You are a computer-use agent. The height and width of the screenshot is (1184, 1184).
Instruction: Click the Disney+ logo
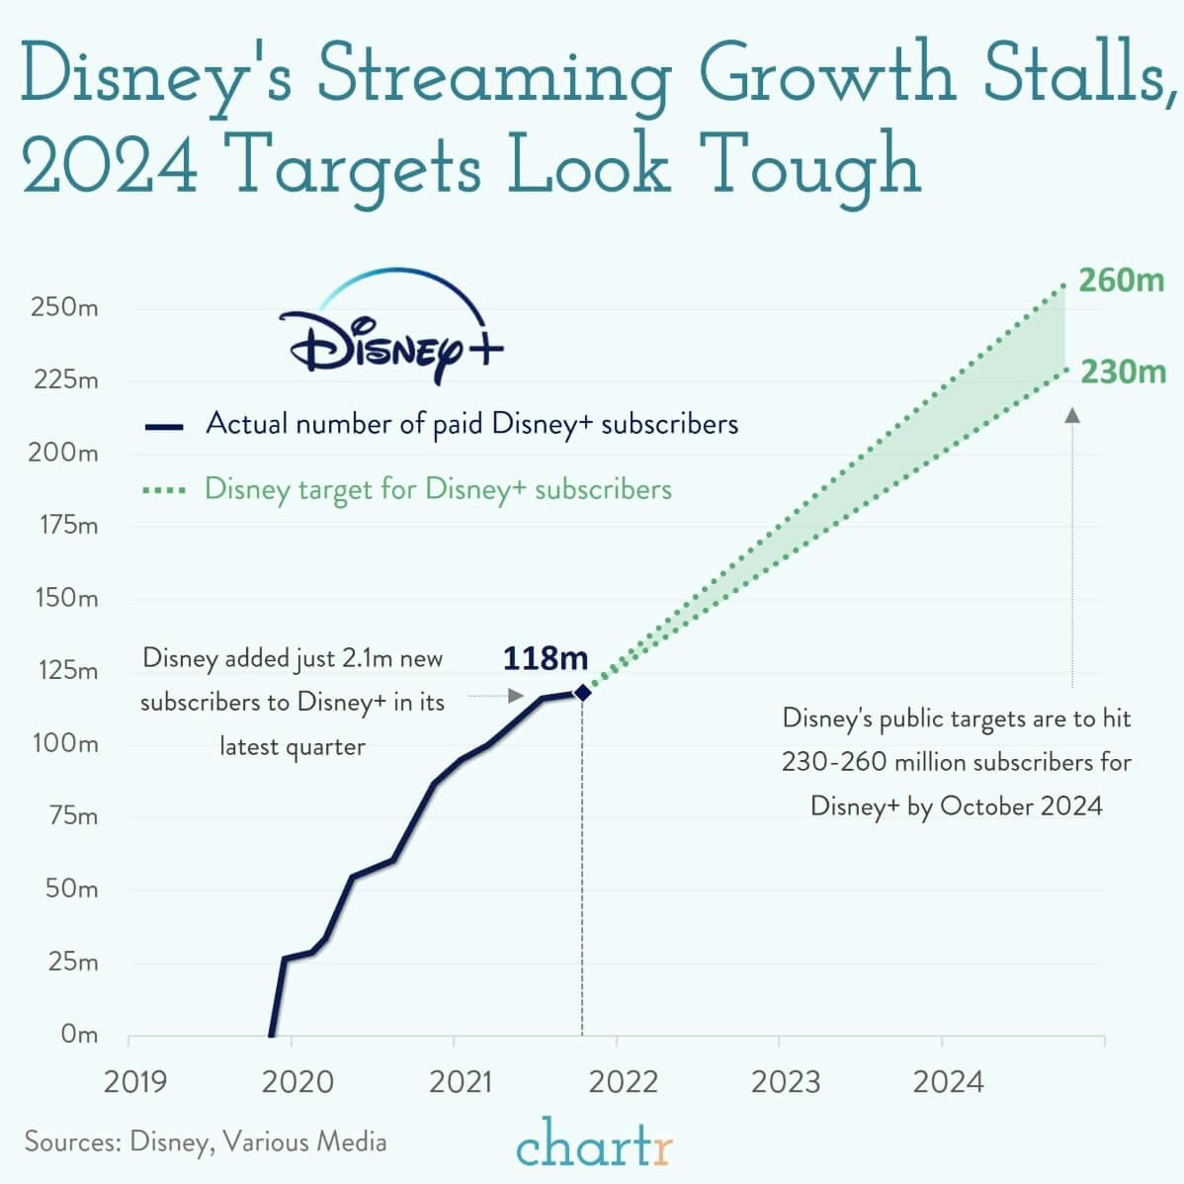[x=390, y=331]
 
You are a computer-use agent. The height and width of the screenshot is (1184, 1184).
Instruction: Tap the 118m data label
[x=545, y=658]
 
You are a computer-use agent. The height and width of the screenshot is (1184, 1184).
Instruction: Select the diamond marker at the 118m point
[x=582, y=693]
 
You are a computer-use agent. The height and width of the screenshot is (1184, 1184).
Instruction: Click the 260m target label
[x=1121, y=281]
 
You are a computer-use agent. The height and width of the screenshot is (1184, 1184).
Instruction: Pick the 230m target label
[x=1122, y=373]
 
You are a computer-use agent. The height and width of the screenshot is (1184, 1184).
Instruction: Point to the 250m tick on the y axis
[x=65, y=307]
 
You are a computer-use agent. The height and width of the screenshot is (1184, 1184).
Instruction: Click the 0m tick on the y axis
[x=79, y=1034]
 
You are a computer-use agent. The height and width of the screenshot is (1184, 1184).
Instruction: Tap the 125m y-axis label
[x=65, y=671]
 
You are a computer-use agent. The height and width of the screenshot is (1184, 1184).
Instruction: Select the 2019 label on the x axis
[x=135, y=1082]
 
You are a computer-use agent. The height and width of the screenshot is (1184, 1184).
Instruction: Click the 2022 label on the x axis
[x=623, y=1082]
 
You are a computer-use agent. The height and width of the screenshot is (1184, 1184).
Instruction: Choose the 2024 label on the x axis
[x=948, y=1082]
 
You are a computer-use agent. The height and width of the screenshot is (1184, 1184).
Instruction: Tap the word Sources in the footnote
[x=72, y=1142]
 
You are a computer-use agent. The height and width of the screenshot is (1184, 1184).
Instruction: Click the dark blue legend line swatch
[x=164, y=427]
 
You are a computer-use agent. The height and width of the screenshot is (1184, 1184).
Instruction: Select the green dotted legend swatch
[x=164, y=490]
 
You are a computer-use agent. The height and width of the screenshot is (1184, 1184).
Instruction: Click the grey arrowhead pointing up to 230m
[x=1072, y=415]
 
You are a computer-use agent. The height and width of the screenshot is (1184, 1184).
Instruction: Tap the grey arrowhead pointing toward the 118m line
[x=515, y=696]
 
